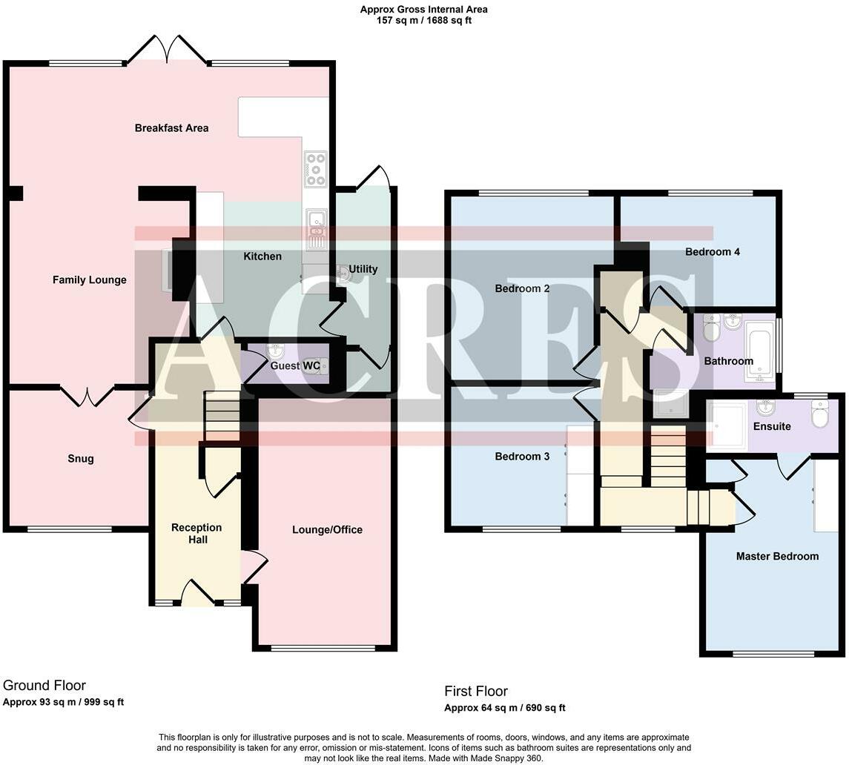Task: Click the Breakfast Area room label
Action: (x=171, y=128)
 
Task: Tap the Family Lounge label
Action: (x=89, y=280)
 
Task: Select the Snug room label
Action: (x=81, y=459)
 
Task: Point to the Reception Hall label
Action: (x=196, y=533)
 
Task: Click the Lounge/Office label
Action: (x=327, y=529)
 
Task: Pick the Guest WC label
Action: (x=295, y=365)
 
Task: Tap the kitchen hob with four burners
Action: (x=316, y=168)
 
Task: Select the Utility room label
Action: (x=363, y=269)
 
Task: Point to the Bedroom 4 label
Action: (x=713, y=252)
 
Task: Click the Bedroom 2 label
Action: (x=522, y=288)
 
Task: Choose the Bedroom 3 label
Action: (x=522, y=457)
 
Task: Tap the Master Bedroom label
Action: (x=778, y=556)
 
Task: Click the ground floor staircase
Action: (x=222, y=416)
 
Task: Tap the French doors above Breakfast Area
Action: (x=168, y=49)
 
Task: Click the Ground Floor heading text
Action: (x=44, y=686)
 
